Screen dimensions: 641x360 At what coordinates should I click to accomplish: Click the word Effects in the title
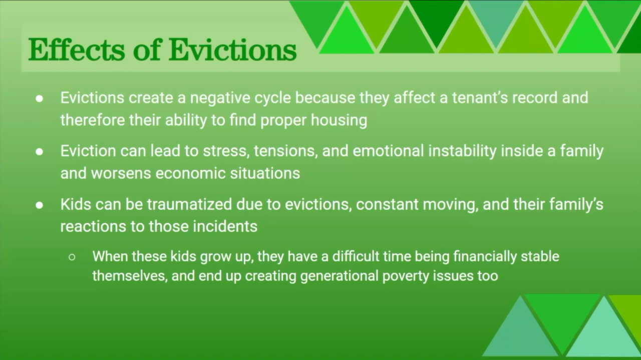click(77, 50)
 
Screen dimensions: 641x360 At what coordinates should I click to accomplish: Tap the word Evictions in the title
click(233, 50)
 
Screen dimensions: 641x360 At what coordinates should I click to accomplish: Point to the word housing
click(339, 120)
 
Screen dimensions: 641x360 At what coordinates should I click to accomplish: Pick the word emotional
click(388, 151)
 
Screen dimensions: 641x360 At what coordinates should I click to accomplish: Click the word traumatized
click(189, 204)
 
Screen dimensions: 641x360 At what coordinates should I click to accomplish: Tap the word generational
click(340, 276)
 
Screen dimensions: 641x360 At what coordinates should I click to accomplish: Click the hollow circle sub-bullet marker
click(72, 257)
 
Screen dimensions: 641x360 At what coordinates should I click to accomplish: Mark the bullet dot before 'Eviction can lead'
click(40, 152)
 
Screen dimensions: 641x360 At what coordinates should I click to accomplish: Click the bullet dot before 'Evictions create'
click(40, 99)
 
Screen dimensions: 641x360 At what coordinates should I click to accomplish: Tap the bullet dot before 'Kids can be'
click(40, 205)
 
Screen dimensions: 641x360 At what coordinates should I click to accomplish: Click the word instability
click(462, 151)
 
